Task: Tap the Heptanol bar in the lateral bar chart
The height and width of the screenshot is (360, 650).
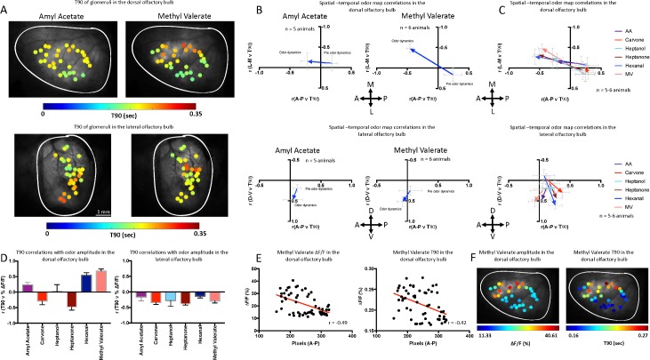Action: [x=170, y=297]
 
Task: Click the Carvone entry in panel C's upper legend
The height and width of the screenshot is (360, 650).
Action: [x=622, y=41]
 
